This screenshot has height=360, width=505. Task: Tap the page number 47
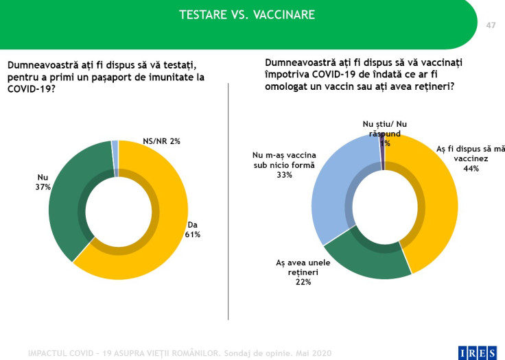point(491,25)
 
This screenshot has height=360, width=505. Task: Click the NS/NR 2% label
point(161,141)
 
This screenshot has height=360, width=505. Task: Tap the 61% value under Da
point(192,234)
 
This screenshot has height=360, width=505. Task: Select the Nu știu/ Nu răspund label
point(384,128)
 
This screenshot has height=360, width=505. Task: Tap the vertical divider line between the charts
point(228,206)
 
